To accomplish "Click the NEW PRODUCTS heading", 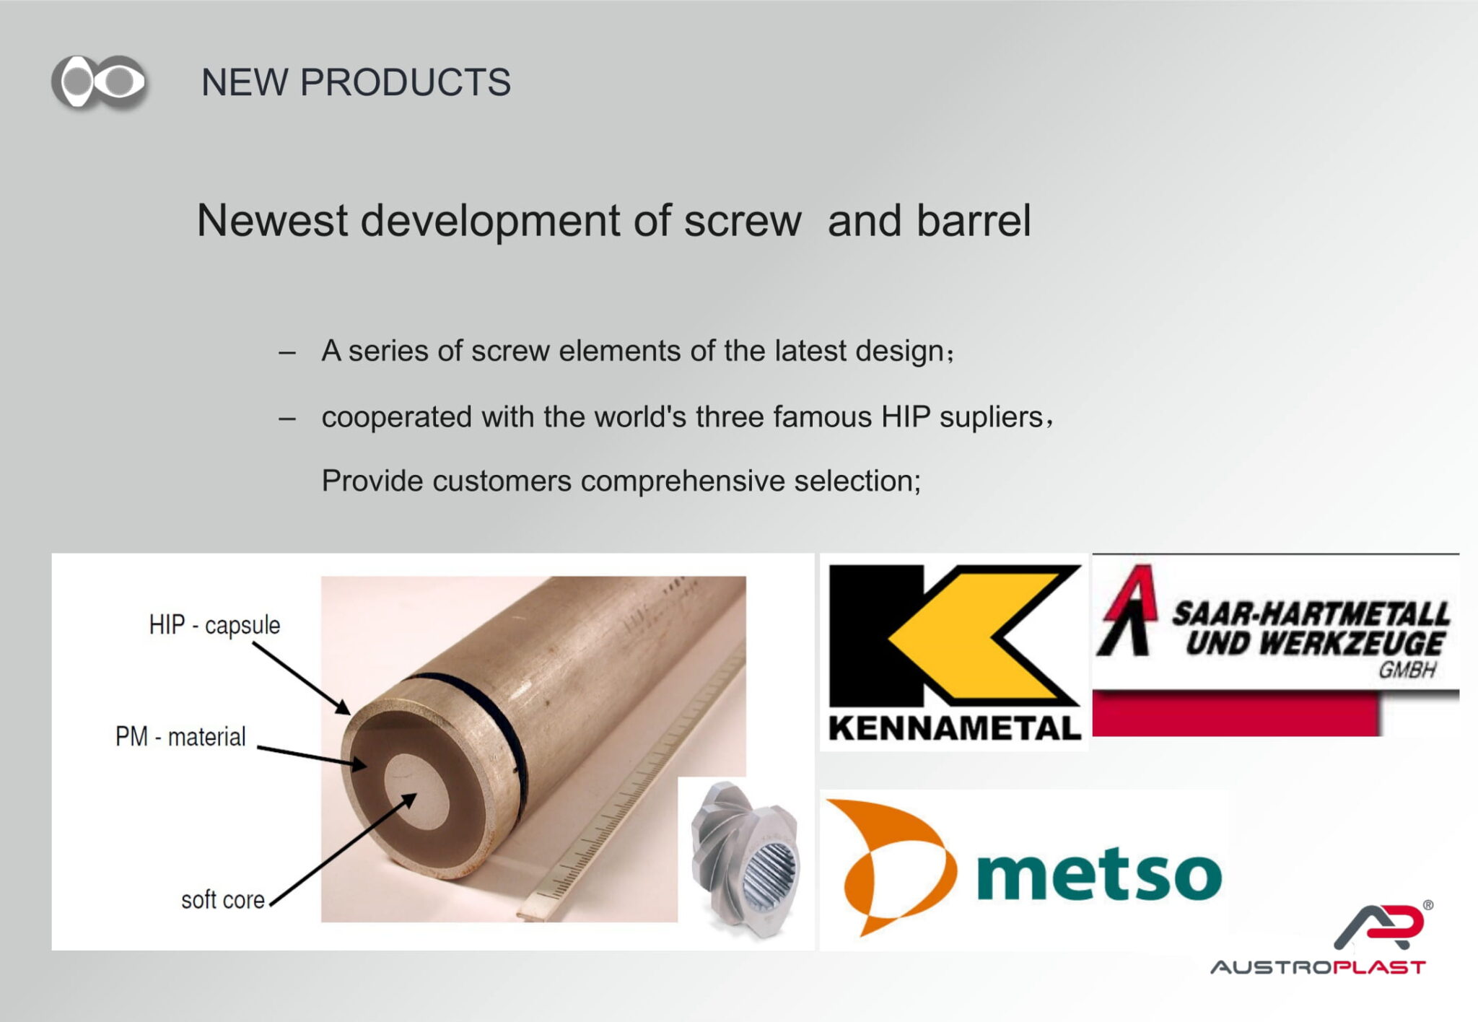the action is click(x=356, y=82).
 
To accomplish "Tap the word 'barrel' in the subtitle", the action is click(x=974, y=220).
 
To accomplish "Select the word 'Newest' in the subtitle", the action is click(x=272, y=220).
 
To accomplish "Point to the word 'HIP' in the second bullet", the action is click(x=906, y=417).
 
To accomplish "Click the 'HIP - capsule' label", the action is click(x=214, y=625).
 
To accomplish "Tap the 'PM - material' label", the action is click(x=180, y=737).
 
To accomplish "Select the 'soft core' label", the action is click(x=223, y=900).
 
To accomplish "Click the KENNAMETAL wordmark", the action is click(x=954, y=728).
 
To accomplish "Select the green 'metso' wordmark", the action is click(x=1098, y=873).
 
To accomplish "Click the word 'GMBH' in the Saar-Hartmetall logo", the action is click(x=1407, y=671).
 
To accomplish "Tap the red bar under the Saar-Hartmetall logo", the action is click(x=1236, y=713).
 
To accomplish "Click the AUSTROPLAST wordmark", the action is click(x=1318, y=967).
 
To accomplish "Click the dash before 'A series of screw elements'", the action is click(x=287, y=353).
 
